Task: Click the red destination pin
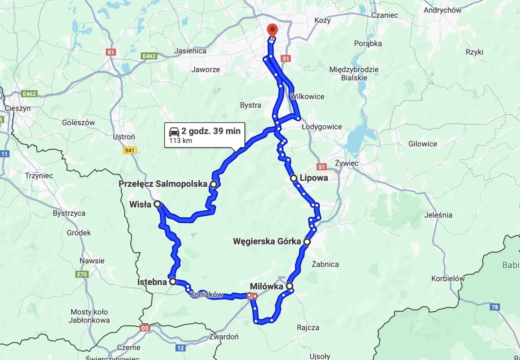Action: point(272,30)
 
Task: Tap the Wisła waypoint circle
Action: point(157,204)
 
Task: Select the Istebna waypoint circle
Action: point(173,281)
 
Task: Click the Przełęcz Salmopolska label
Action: point(163,184)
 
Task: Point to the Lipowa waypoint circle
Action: point(293,178)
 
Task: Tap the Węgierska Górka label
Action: point(266,242)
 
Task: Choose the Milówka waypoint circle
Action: point(289,286)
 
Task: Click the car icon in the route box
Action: point(174,131)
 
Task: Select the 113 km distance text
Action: point(178,141)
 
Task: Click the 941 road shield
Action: point(130,150)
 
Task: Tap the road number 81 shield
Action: point(110,52)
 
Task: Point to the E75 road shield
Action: point(82,274)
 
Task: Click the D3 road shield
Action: point(145,327)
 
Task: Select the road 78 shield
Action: point(494,307)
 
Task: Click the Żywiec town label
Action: point(347,163)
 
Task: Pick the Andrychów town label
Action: point(442,10)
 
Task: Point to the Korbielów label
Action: point(448,279)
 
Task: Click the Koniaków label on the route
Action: point(206,295)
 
